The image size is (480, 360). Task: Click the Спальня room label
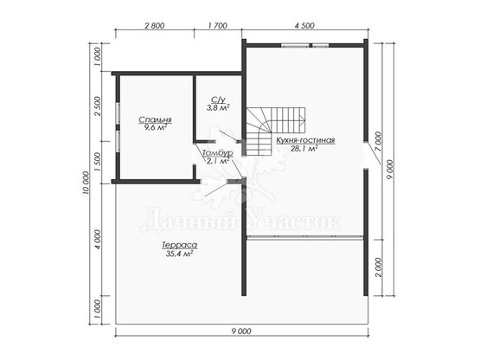[x=155, y=119]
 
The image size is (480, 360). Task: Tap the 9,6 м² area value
[x=155, y=127]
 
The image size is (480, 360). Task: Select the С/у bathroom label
[x=218, y=100]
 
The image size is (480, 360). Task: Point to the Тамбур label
[x=218, y=153]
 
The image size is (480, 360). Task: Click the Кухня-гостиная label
[x=305, y=141]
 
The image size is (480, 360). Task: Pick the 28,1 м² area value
[x=305, y=148]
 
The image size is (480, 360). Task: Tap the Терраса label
[x=179, y=246]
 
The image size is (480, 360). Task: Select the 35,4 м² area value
[x=179, y=254]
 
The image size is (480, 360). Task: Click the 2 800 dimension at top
[x=154, y=25]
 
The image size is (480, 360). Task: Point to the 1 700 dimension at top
[x=218, y=25]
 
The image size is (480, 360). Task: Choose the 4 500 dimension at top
[x=304, y=25]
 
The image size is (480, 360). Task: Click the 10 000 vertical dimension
[x=86, y=183]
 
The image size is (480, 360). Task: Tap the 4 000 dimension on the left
[x=98, y=240]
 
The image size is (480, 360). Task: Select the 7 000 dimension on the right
[x=378, y=142]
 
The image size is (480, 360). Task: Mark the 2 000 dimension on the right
[x=379, y=267]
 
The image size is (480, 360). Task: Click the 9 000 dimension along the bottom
[x=241, y=331]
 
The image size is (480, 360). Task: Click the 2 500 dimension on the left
[x=98, y=106]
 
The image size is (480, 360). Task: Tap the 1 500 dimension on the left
[x=98, y=162]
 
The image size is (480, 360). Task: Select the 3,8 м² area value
[x=218, y=107]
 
